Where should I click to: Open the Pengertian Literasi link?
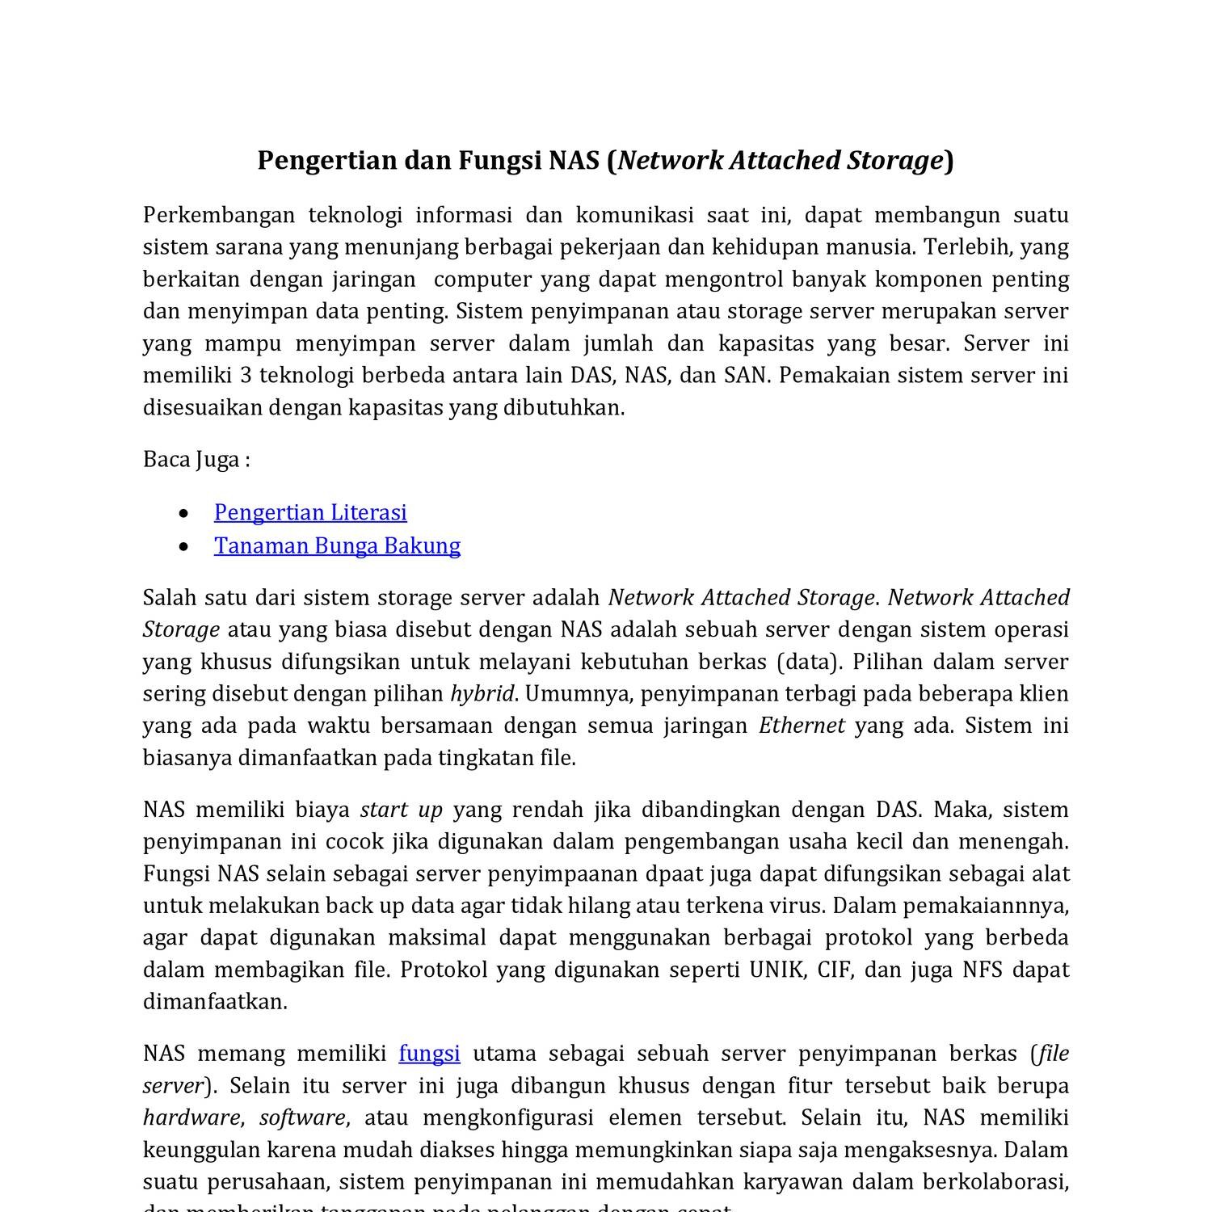(x=310, y=512)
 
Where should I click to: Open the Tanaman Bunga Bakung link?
(x=337, y=545)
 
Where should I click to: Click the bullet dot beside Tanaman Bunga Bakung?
(x=185, y=547)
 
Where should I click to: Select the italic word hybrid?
(x=482, y=694)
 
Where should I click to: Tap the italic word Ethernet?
(x=802, y=726)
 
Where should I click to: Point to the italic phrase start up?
(x=402, y=810)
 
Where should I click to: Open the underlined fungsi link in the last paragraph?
(x=429, y=1054)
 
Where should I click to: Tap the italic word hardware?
(x=191, y=1118)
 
